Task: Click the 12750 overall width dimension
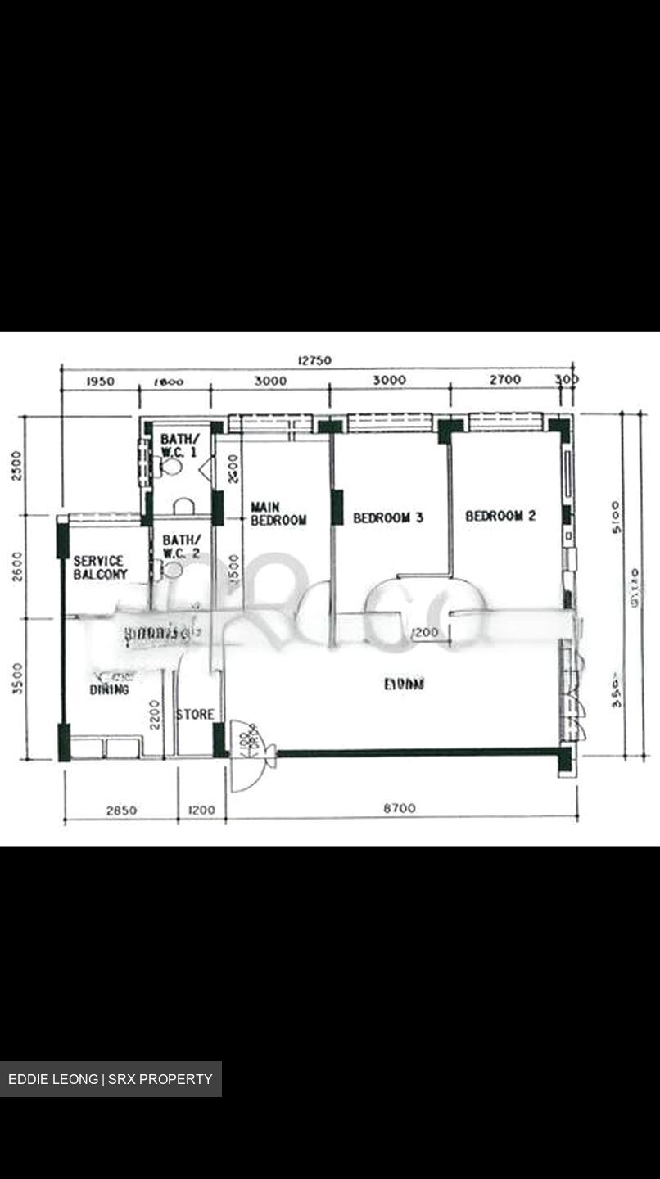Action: coord(315,360)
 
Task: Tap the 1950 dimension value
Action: coord(100,381)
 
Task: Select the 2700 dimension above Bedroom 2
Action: coord(505,380)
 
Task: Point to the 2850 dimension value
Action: coord(121,811)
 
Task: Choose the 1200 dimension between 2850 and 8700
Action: coord(201,811)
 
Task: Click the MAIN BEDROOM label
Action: coord(278,513)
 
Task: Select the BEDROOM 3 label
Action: coord(388,517)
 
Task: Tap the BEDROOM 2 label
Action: coord(500,516)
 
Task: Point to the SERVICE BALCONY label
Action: coord(100,567)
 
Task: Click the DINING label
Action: coord(110,690)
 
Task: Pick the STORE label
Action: coord(195,715)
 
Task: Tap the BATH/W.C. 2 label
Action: coord(180,547)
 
